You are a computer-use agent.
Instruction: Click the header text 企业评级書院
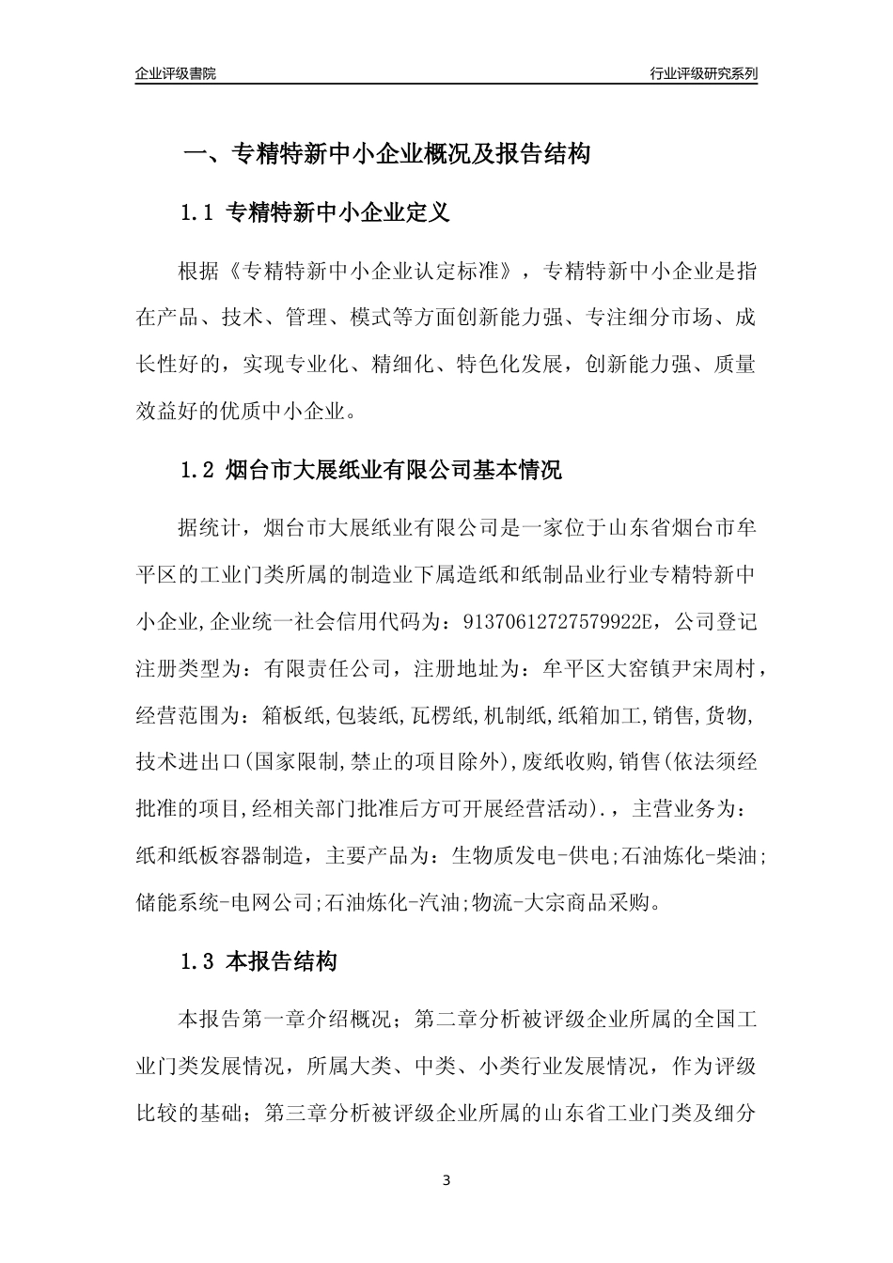click(x=176, y=73)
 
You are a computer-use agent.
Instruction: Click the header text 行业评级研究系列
click(x=703, y=73)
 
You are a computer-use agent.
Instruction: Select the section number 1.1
click(x=198, y=213)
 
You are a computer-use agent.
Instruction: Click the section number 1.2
click(x=198, y=470)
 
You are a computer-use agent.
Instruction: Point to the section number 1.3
click(x=198, y=962)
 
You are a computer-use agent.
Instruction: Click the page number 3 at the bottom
click(x=446, y=1180)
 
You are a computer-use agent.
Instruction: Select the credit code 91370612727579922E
click(x=552, y=621)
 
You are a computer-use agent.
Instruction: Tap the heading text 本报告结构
click(x=283, y=962)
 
